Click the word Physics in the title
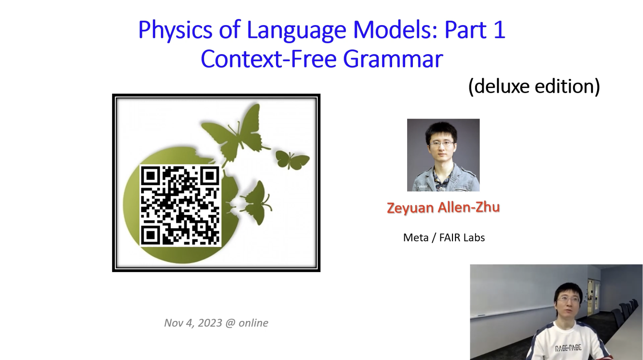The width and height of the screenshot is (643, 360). point(175,30)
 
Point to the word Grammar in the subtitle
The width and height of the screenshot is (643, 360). point(393,60)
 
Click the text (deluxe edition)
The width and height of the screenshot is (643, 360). point(534,86)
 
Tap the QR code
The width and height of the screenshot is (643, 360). point(180,205)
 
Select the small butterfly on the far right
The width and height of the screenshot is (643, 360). point(292,160)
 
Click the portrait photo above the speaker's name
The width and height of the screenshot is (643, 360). point(443,155)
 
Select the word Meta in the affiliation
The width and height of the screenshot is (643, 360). point(416,238)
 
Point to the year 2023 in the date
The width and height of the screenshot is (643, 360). point(210,323)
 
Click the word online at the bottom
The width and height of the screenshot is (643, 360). point(253,323)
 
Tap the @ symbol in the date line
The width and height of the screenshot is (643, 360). point(230,323)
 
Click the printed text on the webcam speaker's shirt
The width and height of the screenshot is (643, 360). point(568,348)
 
